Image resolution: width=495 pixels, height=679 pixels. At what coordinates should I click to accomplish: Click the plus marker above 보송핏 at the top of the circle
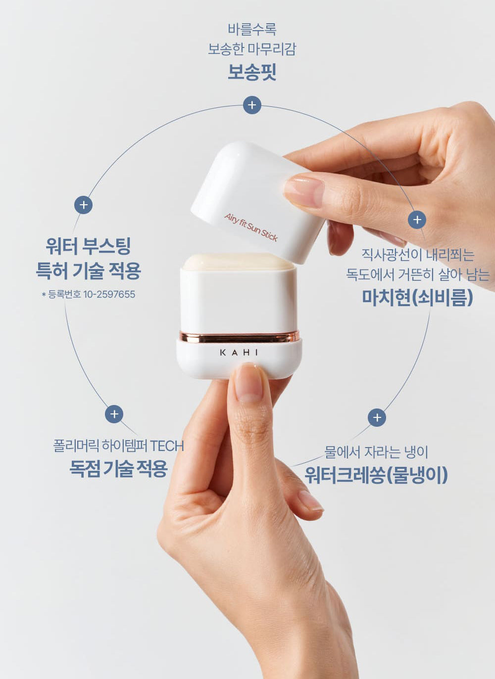point(252,105)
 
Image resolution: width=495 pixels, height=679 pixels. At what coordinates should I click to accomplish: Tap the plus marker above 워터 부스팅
point(84,205)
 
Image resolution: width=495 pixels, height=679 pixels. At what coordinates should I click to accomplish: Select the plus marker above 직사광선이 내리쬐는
point(417,220)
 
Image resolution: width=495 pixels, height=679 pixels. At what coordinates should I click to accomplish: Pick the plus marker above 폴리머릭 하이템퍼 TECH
point(114,414)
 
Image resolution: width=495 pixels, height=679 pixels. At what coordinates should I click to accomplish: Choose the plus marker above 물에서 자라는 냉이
point(377,417)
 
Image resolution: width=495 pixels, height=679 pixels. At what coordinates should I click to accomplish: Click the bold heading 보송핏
point(252,72)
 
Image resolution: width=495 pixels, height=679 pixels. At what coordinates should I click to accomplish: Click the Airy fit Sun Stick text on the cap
point(250,227)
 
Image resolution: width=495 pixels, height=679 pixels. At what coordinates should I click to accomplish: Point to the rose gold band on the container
point(239,337)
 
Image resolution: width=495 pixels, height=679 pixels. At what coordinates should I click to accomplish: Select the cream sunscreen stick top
point(239,262)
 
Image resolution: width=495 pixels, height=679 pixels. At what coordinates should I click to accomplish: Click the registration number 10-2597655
point(109,294)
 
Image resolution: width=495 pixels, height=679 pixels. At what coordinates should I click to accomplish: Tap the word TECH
point(167,446)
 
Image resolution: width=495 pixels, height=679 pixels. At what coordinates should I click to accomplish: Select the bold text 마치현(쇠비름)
point(418,297)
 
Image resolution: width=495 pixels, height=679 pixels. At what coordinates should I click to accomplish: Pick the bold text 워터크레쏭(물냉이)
point(376,475)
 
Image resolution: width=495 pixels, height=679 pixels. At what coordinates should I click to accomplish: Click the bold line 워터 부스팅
point(88,246)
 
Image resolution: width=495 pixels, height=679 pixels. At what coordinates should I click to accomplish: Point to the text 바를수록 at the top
point(252,29)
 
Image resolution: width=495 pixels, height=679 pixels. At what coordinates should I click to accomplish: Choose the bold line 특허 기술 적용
point(88,270)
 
